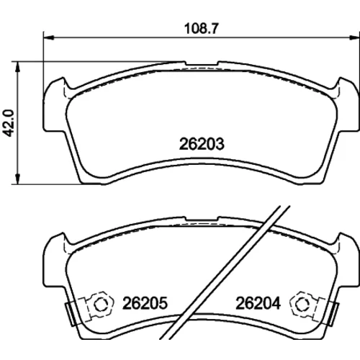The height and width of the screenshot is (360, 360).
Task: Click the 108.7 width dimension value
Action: coord(202,29)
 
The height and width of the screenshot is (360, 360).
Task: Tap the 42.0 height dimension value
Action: coord(9,123)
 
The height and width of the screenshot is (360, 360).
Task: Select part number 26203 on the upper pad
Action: coord(202,144)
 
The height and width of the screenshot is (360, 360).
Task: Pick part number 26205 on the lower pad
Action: coord(145,303)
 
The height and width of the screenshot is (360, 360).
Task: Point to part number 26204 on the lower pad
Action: coord(258,303)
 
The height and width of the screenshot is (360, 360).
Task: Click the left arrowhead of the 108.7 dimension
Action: coord(48,37)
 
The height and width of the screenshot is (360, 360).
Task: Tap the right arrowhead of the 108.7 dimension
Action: coord(355,37)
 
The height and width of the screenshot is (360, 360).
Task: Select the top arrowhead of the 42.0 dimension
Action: coord(17,66)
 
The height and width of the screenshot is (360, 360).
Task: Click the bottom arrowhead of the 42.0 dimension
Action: coord(17,179)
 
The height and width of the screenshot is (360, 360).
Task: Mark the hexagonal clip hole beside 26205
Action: coord(100,305)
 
